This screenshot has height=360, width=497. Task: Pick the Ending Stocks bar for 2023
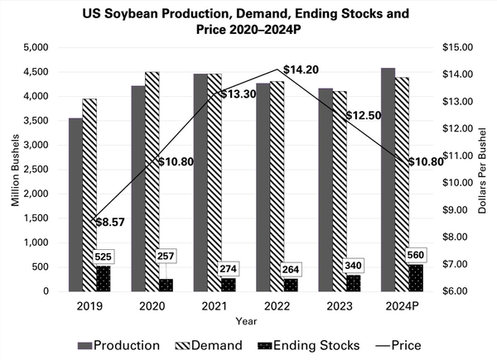tap(352, 283)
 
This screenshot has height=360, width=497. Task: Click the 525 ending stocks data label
tap(104, 257)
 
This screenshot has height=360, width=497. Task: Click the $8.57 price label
tap(111, 223)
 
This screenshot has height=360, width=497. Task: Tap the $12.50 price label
tap(363, 115)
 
